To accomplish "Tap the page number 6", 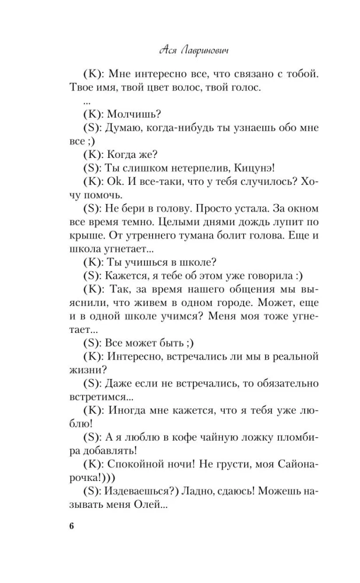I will point(72,526).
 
